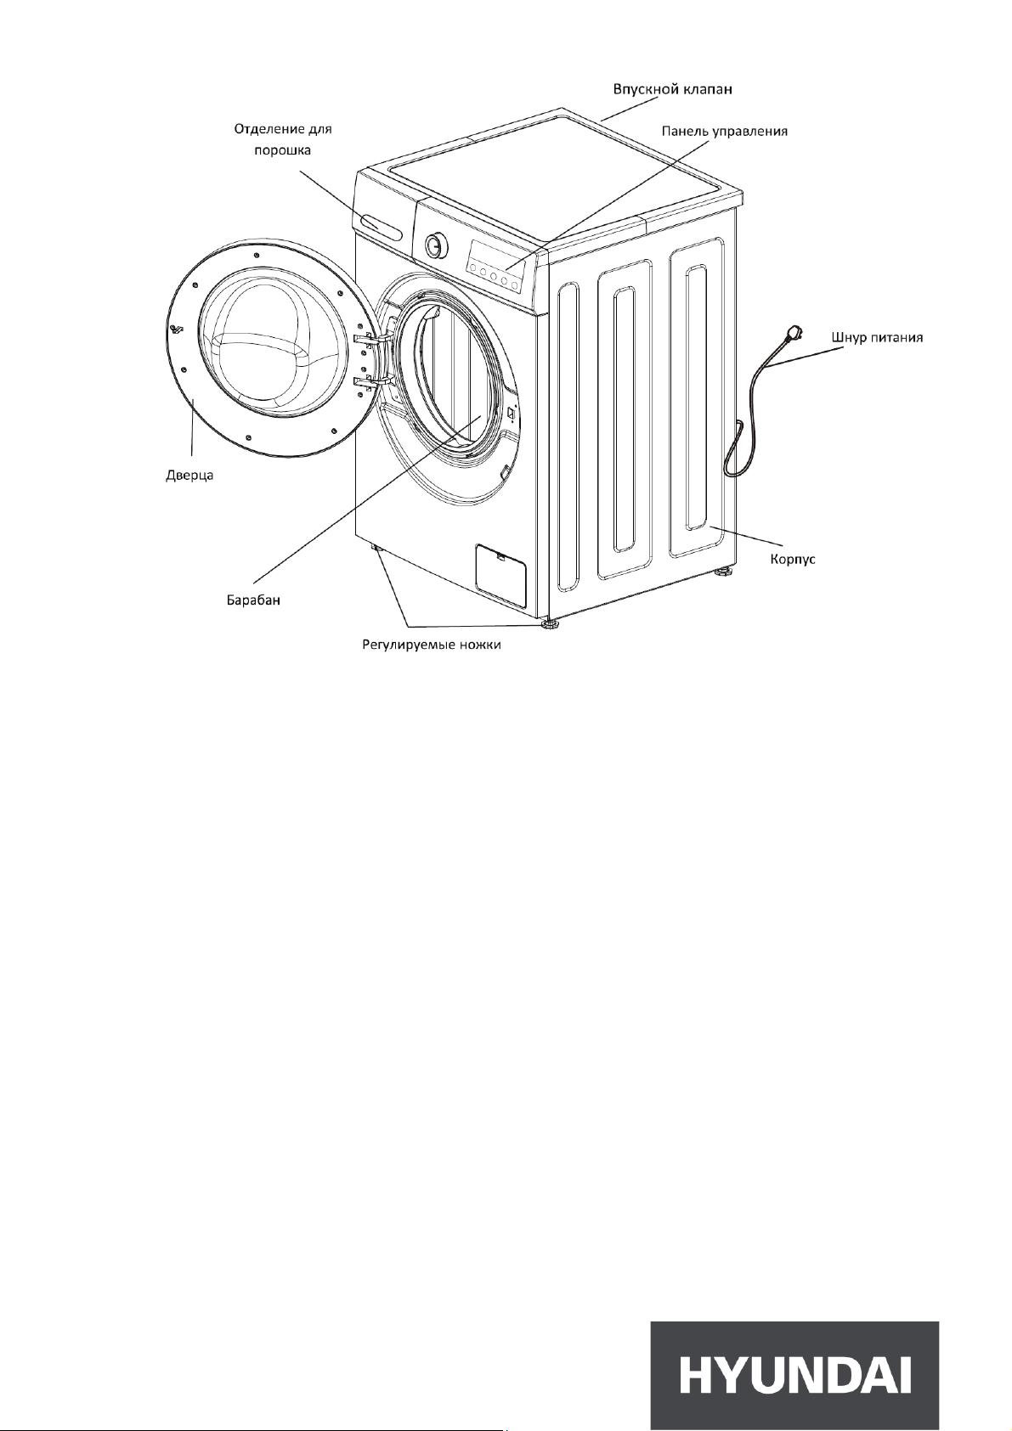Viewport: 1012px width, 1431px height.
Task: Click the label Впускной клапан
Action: coord(672,89)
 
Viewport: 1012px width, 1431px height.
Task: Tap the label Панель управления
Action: coord(724,132)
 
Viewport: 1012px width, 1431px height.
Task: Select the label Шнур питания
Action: coord(878,337)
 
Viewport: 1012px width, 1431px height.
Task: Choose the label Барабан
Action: coord(254,600)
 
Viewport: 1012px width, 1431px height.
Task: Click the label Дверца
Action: coord(189,476)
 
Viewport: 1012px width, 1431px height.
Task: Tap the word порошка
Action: coord(283,151)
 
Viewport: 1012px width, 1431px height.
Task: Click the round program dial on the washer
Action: coord(435,245)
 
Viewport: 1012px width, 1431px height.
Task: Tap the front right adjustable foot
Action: coord(549,623)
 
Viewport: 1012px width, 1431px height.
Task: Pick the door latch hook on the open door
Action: coord(177,329)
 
